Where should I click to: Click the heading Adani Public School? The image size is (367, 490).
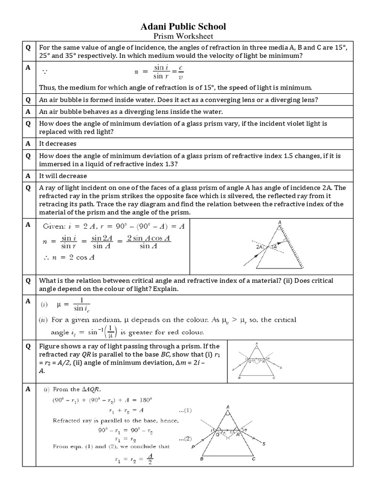coord(183,26)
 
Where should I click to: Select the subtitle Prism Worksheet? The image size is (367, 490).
coord(183,37)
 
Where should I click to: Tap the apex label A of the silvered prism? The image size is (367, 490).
coord(279,222)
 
